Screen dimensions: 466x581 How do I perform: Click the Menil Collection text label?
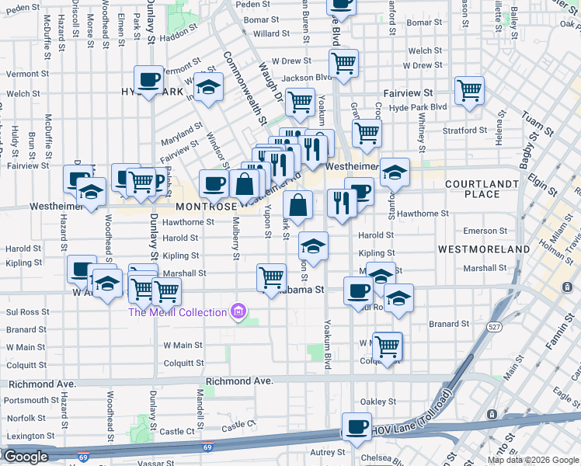pyautogui.click(x=178, y=312)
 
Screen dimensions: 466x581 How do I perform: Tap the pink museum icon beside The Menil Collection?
pyautogui.click(x=238, y=312)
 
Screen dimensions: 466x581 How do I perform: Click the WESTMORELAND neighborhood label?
pyautogui.click(x=484, y=249)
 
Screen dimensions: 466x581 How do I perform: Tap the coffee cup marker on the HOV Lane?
pyautogui.click(x=357, y=428)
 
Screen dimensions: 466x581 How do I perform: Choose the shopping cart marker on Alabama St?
pyautogui.click(x=271, y=277)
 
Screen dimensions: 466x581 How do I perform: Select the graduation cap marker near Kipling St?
pyautogui.click(x=313, y=247)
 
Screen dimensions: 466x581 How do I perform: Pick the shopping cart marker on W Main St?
pyautogui.click(x=386, y=346)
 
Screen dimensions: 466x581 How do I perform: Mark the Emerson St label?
pyautogui.click(x=485, y=231)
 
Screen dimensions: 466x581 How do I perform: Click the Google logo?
pyautogui.click(x=26, y=457)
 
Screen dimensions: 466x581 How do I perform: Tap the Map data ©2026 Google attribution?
pyautogui.click(x=533, y=460)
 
